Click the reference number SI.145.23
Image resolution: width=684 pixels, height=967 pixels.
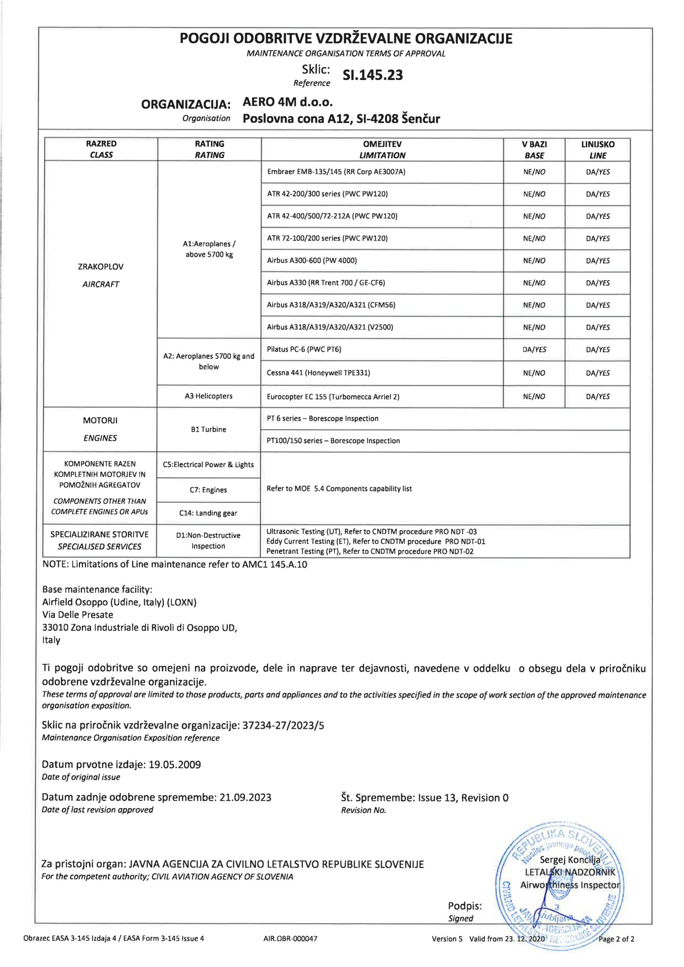pos(372,75)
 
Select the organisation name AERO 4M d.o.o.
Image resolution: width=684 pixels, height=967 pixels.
pos(288,102)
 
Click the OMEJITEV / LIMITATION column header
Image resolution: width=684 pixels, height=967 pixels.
pos(382,150)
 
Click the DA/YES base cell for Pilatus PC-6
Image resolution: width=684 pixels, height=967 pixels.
pos(534,349)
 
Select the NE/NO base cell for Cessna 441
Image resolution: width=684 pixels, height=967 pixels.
pos(534,373)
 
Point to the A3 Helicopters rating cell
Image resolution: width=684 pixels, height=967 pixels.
pos(208,396)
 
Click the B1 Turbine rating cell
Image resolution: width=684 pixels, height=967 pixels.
pos(208,429)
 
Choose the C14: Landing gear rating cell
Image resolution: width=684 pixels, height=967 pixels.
pos(208,513)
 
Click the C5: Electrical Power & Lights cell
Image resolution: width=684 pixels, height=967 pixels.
pos(208,465)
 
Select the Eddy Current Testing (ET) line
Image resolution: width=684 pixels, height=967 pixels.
pos(375,542)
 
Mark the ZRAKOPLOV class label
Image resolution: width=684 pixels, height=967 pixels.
pos(101,267)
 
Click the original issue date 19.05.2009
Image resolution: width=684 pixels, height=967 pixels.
pos(175,765)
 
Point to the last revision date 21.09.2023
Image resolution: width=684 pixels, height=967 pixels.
pos(245,797)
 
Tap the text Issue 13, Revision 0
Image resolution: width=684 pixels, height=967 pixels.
pos(463,798)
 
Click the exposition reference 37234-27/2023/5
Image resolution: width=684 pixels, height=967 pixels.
pos(283,725)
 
